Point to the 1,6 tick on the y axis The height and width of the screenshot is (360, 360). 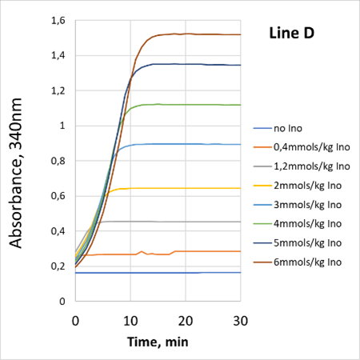(58, 20)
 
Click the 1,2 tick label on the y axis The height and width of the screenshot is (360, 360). (58, 90)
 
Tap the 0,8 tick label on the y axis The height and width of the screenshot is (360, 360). (58, 161)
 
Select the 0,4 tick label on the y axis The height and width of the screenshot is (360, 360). (58, 231)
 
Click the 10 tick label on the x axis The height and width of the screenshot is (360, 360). (130, 319)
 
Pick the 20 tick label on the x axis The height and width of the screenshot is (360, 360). (185, 319)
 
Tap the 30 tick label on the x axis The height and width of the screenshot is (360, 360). (240, 319)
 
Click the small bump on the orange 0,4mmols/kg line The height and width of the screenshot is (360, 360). (142, 251)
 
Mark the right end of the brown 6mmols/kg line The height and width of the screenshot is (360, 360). (240, 34)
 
